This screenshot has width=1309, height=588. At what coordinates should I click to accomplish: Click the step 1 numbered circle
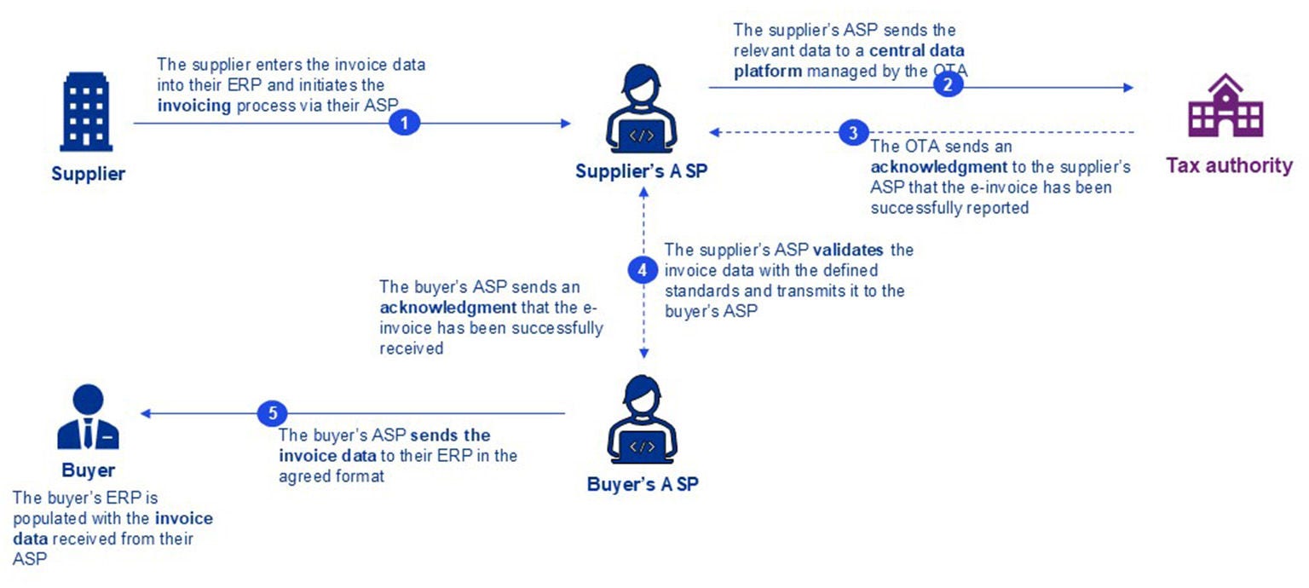(405, 123)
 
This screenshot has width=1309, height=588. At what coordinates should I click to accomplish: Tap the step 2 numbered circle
(948, 86)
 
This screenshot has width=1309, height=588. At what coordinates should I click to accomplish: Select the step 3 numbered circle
(853, 132)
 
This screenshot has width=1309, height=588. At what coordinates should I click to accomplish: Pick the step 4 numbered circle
(643, 270)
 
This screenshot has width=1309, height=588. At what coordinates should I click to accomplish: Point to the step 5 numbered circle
(273, 413)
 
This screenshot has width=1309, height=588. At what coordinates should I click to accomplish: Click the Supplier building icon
(86, 112)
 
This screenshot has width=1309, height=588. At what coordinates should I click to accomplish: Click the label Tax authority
(1229, 165)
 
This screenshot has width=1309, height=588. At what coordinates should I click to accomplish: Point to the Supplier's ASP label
(641, 171)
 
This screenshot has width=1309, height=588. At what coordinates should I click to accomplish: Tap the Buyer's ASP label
(643, 484)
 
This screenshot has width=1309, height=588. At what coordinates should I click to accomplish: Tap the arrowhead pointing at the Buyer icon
(146, 413)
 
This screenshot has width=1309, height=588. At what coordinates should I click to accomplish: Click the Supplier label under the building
(88, 174)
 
